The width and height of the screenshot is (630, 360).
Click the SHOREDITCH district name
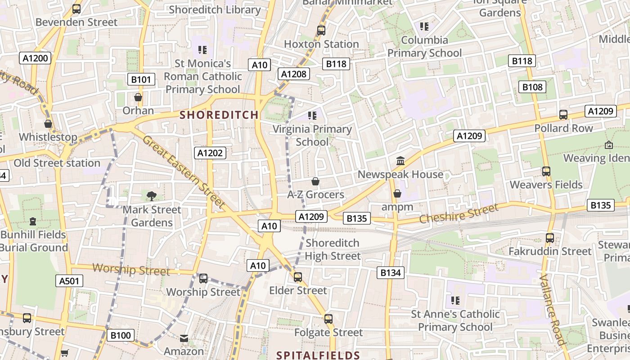coord(219,115)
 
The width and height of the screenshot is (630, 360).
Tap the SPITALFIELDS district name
coord(318,355)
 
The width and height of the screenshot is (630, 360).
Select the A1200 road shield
coord(35,58)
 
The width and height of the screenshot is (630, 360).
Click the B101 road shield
coord(141,80)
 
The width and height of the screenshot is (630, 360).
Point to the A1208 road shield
coord(294,74)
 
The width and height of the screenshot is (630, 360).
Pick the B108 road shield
coord(532,87)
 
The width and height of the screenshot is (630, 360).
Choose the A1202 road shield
coord(210,153)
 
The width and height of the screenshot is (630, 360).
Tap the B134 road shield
coord(391,272)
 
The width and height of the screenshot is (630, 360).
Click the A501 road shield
coord(70,281)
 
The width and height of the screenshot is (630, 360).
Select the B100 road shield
coord(121,335)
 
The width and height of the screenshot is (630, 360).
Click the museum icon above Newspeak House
coord(400,161)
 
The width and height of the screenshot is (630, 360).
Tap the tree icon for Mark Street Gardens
coord(152,196)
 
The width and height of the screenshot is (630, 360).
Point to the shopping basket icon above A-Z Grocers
coord(315,181)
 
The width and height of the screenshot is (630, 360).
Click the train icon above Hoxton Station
coord(321,31)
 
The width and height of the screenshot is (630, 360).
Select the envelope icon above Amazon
coord(184,338)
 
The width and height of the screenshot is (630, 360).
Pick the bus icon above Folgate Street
coord(328,319)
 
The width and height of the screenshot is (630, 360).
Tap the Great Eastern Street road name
coord(184,172)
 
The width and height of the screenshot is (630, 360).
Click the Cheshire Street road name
coord(459,213)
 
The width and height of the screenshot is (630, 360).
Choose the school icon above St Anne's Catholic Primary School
coord(455,300)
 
